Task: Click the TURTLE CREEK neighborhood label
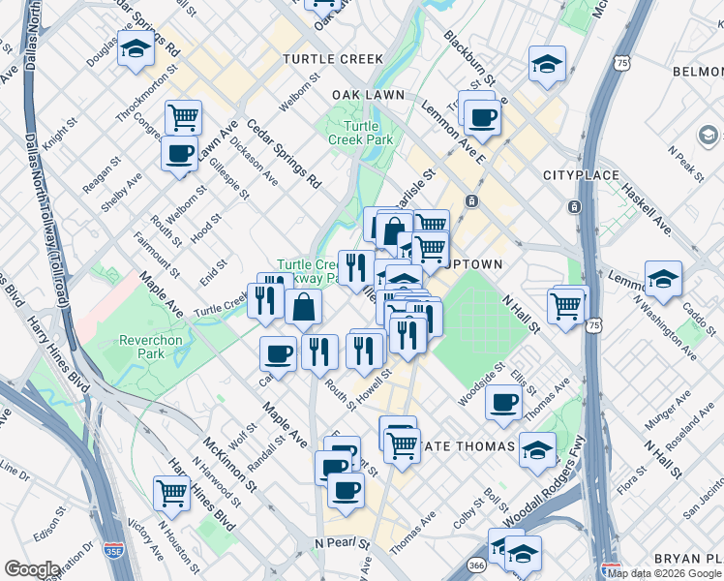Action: (333, 59)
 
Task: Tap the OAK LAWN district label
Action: (373, 95)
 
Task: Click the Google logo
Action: (31, 569)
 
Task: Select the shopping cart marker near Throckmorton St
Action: (182, 117)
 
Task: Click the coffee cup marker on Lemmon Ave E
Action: (481, 118)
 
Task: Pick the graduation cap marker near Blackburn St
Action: (547, 65)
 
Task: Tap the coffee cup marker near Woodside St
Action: (502, 402)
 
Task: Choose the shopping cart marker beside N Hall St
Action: (566, 305)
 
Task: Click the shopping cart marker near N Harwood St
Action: (171, 492)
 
